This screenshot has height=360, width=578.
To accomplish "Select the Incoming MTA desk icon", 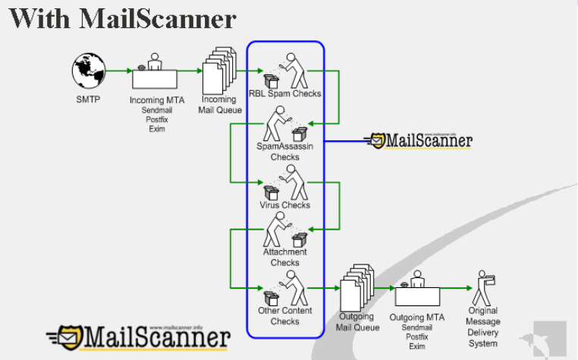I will [155, 75].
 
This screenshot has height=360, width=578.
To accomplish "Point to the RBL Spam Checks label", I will [285, 94].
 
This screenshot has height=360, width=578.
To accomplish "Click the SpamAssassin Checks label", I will [285, 152].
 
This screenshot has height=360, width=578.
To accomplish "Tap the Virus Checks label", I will [285, 205].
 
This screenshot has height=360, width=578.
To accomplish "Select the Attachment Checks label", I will [285, 257].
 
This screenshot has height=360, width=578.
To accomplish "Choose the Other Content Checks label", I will [285, 316].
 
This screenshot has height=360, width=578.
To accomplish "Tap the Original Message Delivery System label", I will [483, 327].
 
